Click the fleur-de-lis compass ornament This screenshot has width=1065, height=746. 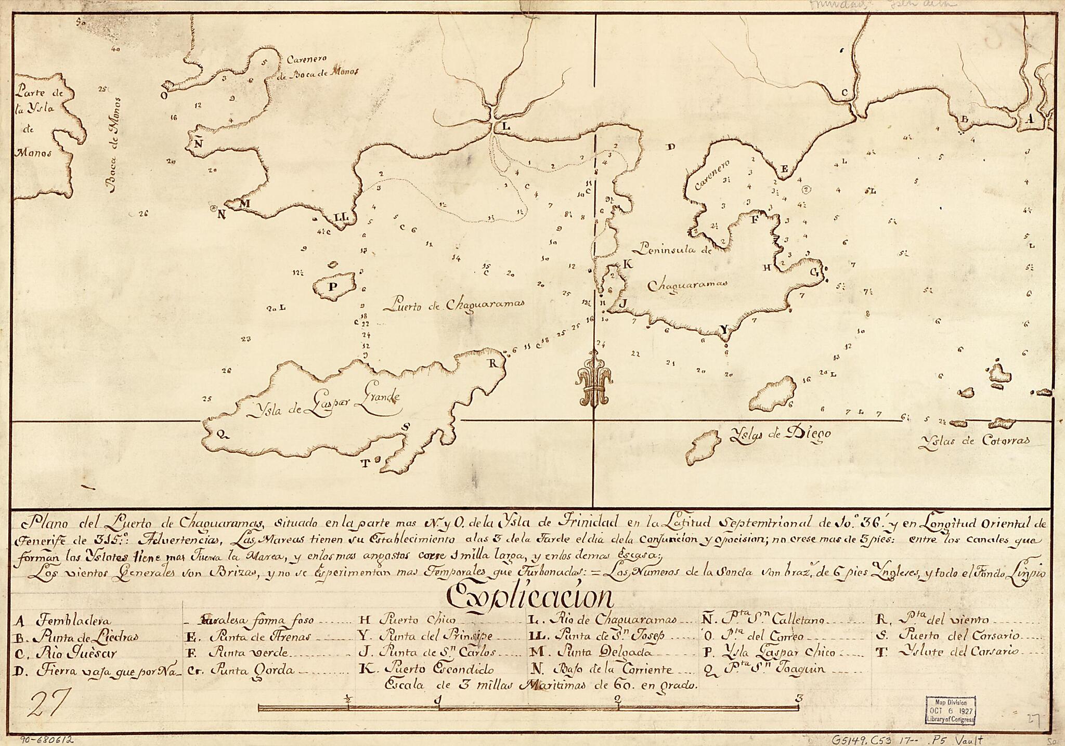point(594,378)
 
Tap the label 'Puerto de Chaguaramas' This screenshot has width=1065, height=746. point(453,305)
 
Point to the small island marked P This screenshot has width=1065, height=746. point(333,285)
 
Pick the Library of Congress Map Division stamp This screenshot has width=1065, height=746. point(950,710)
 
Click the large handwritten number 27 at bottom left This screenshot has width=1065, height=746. point(48,705)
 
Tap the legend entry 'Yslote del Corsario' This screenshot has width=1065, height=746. point(959,652)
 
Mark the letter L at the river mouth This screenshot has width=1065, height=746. point(505,126)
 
